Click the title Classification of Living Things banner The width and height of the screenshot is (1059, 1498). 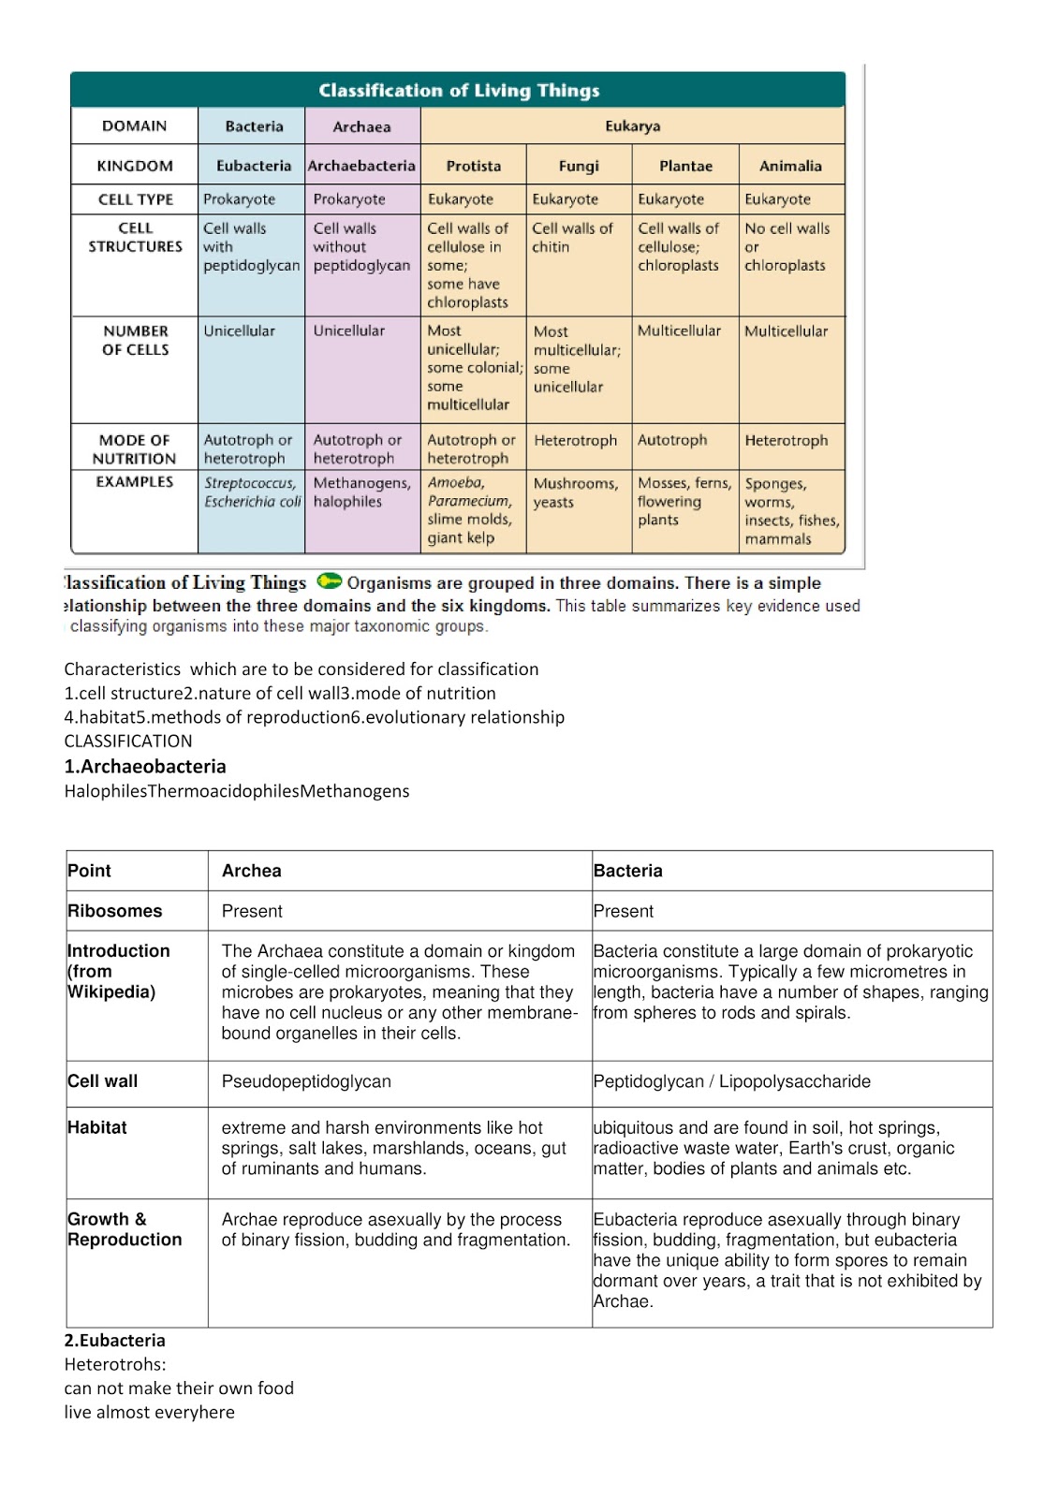click(459, 91)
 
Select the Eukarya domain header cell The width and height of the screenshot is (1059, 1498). click(632, 126)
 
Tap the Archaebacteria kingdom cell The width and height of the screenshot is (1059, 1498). click(361, 166)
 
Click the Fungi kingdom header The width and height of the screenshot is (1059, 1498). click(579, 166)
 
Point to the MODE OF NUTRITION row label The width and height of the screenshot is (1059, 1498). click(134, 449)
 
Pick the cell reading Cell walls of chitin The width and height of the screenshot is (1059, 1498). click(572, 238)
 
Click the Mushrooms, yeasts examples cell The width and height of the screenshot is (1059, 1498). click(575, 492)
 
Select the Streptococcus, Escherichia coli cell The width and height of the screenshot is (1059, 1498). click(252, 492)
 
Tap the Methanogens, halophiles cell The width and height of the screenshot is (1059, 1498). click(361, 492)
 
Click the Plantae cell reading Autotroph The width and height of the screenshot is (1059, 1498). click(672, 440)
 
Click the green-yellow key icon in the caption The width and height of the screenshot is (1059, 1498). click(329, 581)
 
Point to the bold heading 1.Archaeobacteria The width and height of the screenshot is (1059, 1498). click(145, 766)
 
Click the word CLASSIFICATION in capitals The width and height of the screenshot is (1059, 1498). click(128, 741)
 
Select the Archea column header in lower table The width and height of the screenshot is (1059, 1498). click(251, 871)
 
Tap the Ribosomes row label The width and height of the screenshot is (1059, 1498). click(114, 911)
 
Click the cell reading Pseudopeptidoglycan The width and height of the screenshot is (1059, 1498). click(306, 1081)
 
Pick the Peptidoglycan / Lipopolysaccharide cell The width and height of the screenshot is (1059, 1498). click(731, 1081)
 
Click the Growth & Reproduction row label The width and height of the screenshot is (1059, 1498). click(125, 1229)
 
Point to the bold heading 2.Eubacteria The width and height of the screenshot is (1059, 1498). click(114, 1340)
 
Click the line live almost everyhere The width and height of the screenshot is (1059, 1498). click(149, 1412)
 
